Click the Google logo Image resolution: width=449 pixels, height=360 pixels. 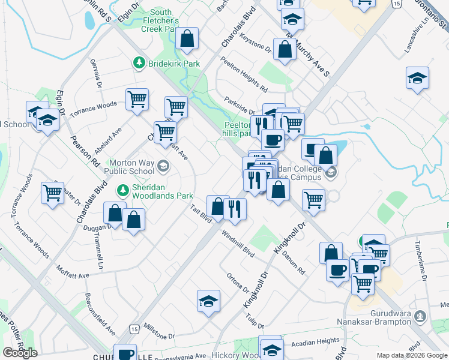20,353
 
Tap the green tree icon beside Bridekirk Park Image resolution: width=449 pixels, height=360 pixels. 139,62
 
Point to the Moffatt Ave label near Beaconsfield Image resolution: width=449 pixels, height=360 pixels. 73,271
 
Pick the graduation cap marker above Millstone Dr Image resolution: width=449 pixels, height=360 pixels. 208,301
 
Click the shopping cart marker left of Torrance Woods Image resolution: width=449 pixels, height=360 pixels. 53,193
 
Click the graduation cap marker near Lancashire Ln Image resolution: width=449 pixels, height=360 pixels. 417,78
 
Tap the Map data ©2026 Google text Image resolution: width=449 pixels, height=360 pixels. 411,355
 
